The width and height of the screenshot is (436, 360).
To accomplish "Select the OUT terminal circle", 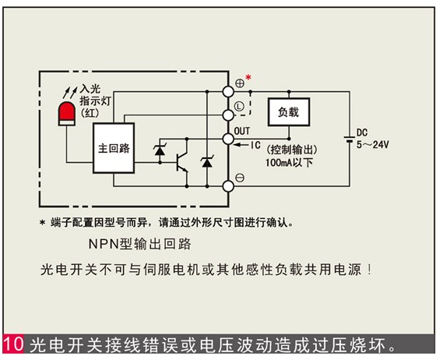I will tap(230, 139).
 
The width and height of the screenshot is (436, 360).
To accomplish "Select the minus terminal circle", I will tap(230, 185).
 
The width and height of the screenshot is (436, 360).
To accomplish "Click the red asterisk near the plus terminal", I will tap(248, 76).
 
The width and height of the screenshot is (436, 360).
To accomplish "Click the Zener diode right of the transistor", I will tap(206, 161).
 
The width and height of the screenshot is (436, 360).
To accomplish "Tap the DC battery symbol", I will tap(346, 139).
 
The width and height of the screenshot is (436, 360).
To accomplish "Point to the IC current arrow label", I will tap(253, 144).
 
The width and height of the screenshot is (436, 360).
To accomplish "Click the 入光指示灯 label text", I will tap(96, 95).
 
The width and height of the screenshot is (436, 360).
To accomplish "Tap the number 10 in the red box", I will tap(14, 344).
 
